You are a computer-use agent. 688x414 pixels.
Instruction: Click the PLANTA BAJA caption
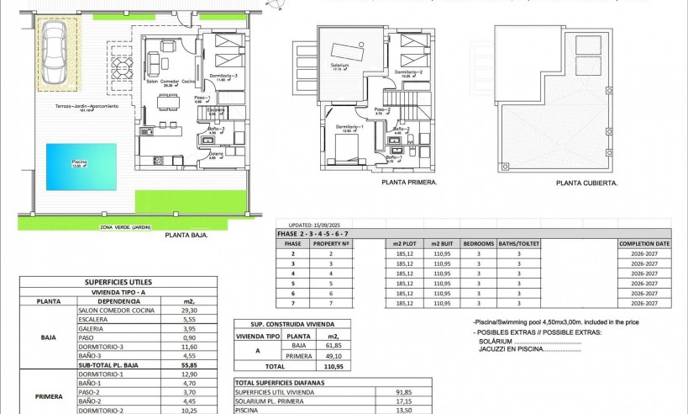[x=186, y=236]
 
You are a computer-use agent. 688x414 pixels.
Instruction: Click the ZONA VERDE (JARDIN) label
[x=125, y=227]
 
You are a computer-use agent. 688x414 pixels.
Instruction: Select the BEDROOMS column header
[x=479, y=243]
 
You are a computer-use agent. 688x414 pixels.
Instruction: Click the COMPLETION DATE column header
[x=644, y=243]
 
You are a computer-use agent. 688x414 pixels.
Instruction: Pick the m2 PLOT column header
[x=406, y=243]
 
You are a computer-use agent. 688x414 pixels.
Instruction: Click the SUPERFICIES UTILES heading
[x=118, y=282]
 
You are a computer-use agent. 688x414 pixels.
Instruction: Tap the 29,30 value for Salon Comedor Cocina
[x=189, y=310]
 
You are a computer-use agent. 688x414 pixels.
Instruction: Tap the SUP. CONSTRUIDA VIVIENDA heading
[x=281, y=323]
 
